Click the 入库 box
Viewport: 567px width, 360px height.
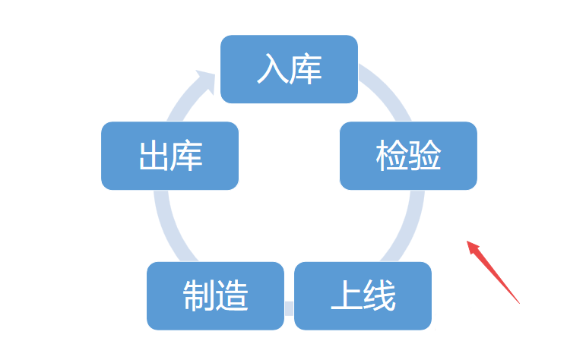pos(289,69)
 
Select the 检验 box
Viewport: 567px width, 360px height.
pos(408,156)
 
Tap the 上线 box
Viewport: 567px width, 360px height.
pos(363,295)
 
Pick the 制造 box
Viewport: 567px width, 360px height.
pos(215,295)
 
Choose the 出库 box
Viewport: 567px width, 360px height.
pos(169,156)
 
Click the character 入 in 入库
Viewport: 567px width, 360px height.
pos(272,69)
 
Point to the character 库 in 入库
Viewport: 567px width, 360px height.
pos(306,69)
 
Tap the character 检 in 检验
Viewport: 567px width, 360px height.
pos(391,156)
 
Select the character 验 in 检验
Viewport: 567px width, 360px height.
pos(426,156)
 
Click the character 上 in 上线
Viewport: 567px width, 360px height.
pos(346,296)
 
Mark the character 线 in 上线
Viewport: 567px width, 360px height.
pos(380,296)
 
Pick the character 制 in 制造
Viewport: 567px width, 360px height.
pos(198,296)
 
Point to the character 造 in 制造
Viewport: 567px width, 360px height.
pos(233,296)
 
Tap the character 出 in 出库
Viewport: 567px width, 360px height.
pos(153,156)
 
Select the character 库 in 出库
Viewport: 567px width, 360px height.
pos(187,156)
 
